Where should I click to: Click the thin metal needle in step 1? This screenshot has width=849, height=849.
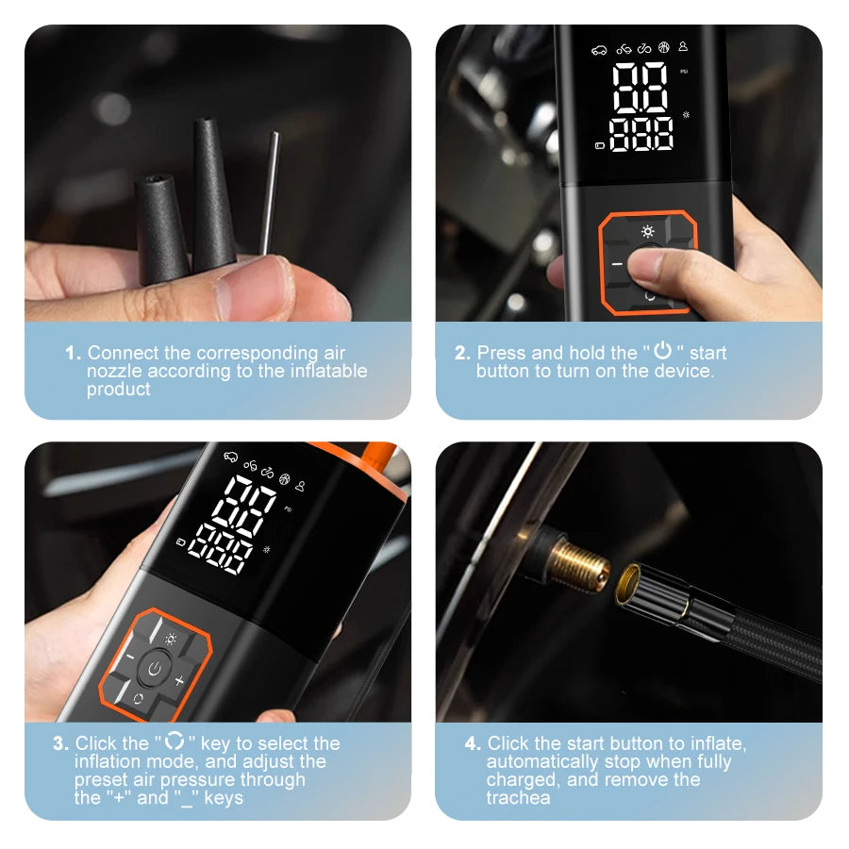point(271,193)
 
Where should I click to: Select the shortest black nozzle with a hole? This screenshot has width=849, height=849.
point(161,227)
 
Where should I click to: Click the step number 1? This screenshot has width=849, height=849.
point(72,353)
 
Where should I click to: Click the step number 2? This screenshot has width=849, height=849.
point(461,353)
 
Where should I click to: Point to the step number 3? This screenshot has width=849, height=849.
point(59,743)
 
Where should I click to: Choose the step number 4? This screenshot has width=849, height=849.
point(473,743)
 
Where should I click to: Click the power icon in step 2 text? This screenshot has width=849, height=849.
point(663,352)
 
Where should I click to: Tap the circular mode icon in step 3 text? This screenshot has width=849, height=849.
point(175,742)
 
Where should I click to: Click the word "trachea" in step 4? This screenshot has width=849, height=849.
point(518,798)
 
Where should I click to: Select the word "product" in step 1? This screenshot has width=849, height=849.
point(119,390)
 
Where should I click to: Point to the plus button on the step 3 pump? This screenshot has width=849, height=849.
point(179,679)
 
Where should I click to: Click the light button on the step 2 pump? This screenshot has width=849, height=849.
point(648,231)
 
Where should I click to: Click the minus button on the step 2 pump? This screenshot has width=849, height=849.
point(617,265)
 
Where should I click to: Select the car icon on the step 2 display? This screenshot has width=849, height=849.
point(598,48)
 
